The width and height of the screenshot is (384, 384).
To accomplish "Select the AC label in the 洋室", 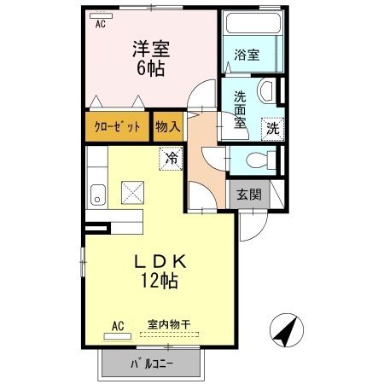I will [x=101, y=24].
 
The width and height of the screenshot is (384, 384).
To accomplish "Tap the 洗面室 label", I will [x=241, y=109].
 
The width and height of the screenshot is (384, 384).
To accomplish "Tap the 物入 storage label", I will [x=168, y=126].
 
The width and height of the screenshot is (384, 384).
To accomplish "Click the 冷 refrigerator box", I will [x=171, y=158].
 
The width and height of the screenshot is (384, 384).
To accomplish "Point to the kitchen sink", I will [x=97, y=195].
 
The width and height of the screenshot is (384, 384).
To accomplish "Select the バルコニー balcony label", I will [x=152, y=364].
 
